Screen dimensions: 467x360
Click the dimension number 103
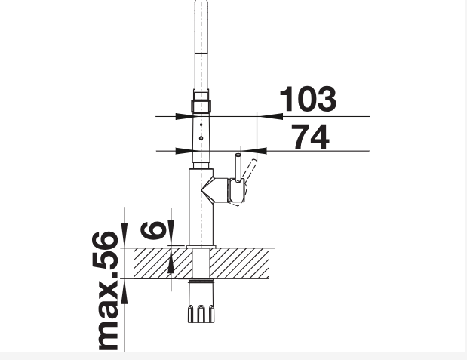tap(308, 99)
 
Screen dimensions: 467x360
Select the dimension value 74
tap(310, 137)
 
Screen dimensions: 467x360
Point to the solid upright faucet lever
tap(238, 168)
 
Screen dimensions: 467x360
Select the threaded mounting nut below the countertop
tap(201, 302)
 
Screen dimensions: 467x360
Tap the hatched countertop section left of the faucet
tap(163, 263)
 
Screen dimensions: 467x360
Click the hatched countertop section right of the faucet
tap(239, 263)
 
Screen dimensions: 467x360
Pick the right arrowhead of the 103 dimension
tap(270, 116)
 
